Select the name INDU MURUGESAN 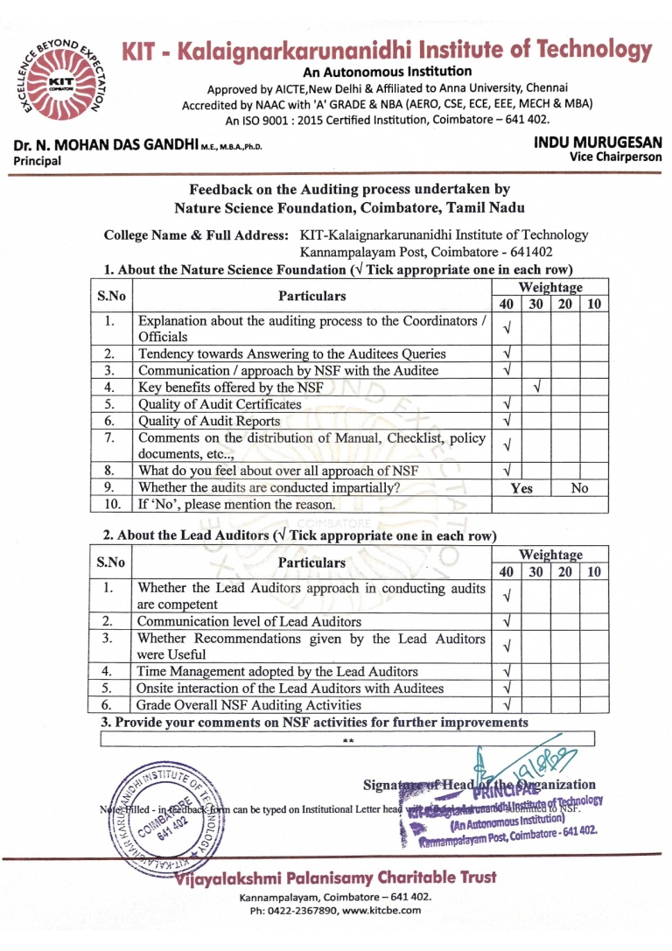597,143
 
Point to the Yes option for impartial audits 521,488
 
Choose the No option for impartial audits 578,488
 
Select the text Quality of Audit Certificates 220,404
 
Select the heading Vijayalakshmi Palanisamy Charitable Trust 336,878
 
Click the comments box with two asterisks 348,740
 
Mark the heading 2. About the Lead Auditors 299,535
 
